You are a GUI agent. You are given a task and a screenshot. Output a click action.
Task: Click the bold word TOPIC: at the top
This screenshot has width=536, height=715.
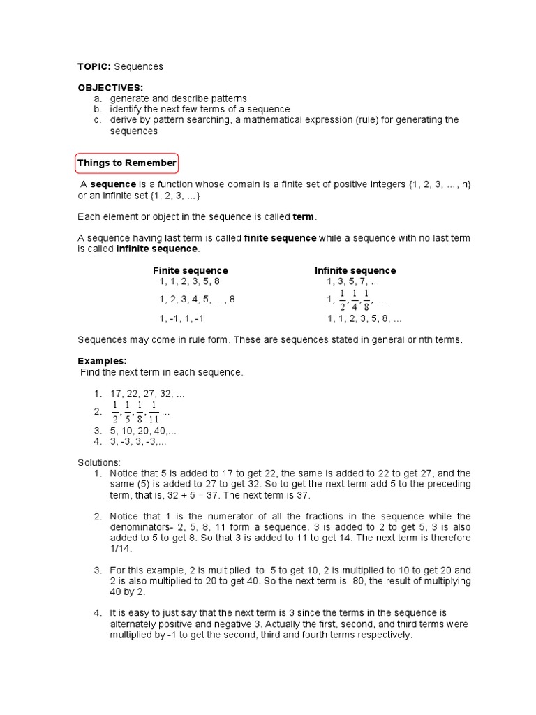[94, 67]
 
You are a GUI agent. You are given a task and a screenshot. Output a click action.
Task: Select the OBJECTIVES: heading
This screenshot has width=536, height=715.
[110, 88]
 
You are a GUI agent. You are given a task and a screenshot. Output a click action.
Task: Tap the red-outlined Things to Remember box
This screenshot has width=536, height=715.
[127, 163]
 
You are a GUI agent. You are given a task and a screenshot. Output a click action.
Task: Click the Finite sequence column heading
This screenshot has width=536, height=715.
[191, 270]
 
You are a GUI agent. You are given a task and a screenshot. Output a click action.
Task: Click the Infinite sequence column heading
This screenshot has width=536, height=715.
[355, 270]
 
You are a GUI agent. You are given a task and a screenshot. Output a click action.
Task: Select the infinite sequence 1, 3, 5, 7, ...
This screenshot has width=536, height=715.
[353, 281]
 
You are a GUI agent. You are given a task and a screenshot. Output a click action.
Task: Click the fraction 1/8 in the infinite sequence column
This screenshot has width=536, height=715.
[366, 300]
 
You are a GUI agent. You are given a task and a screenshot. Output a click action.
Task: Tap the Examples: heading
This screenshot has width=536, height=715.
[102, 361]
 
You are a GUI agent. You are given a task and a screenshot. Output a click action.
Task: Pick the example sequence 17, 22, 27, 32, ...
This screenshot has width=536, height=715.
[147, 394]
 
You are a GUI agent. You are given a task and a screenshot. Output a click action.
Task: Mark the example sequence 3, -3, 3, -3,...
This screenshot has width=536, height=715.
[139, 441]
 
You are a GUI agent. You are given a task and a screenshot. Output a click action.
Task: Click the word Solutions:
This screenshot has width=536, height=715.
[99, 462]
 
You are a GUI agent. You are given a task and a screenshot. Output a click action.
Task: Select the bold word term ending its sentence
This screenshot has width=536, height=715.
[303, 217]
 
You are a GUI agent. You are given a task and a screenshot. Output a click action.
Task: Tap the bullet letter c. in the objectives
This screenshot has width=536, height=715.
[98, 120]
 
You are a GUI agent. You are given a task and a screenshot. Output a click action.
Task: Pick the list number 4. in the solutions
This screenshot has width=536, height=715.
[98, 612]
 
